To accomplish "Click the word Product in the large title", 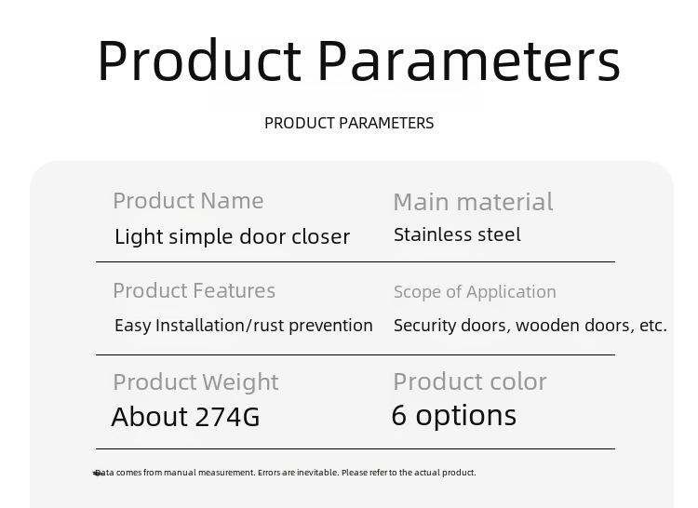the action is pos(200,60).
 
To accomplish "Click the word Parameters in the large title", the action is pos(469,60).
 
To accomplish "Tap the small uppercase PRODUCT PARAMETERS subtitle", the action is pos(349,123).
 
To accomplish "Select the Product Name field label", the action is pos(188,201).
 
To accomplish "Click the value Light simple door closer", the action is pos(233,236).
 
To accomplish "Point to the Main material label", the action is pos(473,202).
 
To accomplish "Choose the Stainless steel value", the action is pos(457,234).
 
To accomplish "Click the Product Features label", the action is pos(195,291).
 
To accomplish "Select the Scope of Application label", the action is pos(475,292).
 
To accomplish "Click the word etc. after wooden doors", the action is pos(653,326).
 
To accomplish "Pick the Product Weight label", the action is pos(195,382).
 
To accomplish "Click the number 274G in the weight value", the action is pos(227,417).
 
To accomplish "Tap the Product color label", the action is pos(470,381).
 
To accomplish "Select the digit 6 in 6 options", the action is pos(399,415).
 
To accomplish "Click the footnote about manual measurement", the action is pos(285,473).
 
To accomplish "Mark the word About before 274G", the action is pos(150,417).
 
